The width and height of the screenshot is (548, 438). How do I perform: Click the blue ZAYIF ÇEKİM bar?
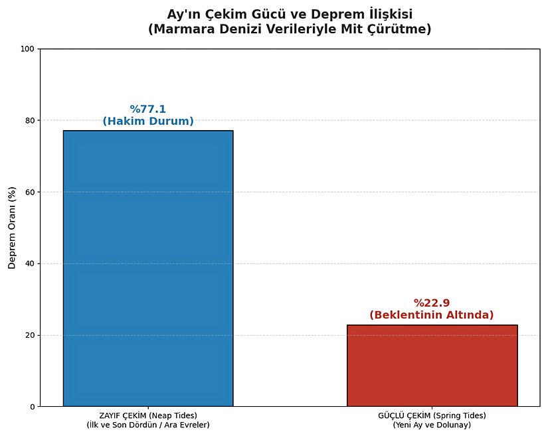pyautogui.click(x=148, y=268)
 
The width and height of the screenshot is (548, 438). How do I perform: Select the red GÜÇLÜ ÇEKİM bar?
pyautogui.click(x=432, y=365)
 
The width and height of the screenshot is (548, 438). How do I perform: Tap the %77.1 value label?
pyautogui.click(x=148, y=110)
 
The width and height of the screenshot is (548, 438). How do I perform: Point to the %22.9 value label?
pyautogui.click(x=432, y=303)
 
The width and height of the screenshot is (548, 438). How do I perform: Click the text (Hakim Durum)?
pyautogui.click(x=148, y=121)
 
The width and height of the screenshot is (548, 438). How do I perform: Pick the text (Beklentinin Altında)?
pyautogui.click(x=432, y=315)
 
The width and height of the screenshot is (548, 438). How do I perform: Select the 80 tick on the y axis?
pyautogui.click(x=31, y=121)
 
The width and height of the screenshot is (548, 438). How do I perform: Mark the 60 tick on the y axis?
pyautogui.click(x=31, y=192)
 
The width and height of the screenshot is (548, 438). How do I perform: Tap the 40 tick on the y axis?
pyautogui.click(x=31, y=263)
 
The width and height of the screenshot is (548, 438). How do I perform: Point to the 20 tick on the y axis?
pyautogui.click(x=31, y=335)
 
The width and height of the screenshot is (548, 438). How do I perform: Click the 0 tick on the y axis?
pyautogui.click(x=33, y=407)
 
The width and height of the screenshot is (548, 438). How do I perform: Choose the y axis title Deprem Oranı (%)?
pyautogui.click(x=11, y=228)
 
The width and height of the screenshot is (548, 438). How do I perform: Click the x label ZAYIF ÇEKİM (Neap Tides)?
pyautogui.click(x=148, y=415)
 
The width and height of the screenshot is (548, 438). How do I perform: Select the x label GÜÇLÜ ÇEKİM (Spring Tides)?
pyautogui.click(x=432, y=415)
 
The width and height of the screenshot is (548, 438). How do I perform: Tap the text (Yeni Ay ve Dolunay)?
pyautogui.click(x=432, y=425)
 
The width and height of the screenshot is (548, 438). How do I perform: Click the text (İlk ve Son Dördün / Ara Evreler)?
pyautogui.click(x=148, y=425)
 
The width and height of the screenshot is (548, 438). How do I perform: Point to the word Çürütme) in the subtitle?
pyautogui.click(x=405, y=29)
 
